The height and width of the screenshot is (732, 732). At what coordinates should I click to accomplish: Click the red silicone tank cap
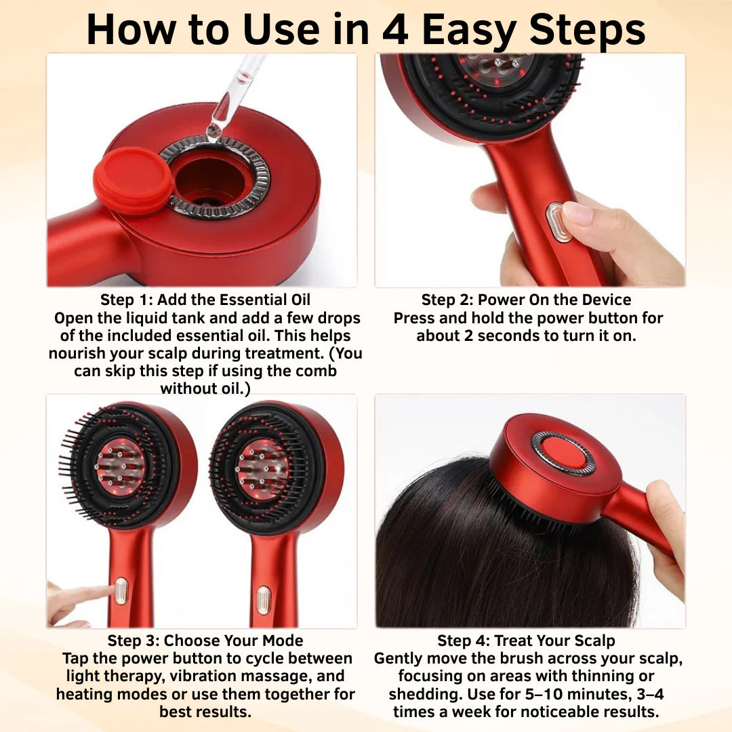pos(134,180)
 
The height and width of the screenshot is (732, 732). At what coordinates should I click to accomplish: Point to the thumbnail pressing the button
pos(578,215)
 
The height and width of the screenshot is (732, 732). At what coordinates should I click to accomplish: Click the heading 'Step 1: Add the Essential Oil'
pos(205,300)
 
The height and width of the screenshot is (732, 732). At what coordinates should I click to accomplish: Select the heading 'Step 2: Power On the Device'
pos(526,300)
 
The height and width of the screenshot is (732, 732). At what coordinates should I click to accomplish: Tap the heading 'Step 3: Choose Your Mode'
pos(205,640)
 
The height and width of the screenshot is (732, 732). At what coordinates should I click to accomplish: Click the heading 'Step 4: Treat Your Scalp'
pos(526,640)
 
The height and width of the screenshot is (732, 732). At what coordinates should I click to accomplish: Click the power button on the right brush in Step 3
pos(263,600)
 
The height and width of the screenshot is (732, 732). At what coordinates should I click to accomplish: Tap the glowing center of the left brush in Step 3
pos(120,466)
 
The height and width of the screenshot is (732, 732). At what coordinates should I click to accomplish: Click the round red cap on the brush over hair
pos(564,453)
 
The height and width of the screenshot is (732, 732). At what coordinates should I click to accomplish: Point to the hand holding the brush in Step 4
pos(664,529)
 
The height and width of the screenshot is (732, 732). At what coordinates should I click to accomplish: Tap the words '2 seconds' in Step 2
pos(489,336)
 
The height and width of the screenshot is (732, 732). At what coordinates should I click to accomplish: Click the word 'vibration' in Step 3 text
pos(203,676)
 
